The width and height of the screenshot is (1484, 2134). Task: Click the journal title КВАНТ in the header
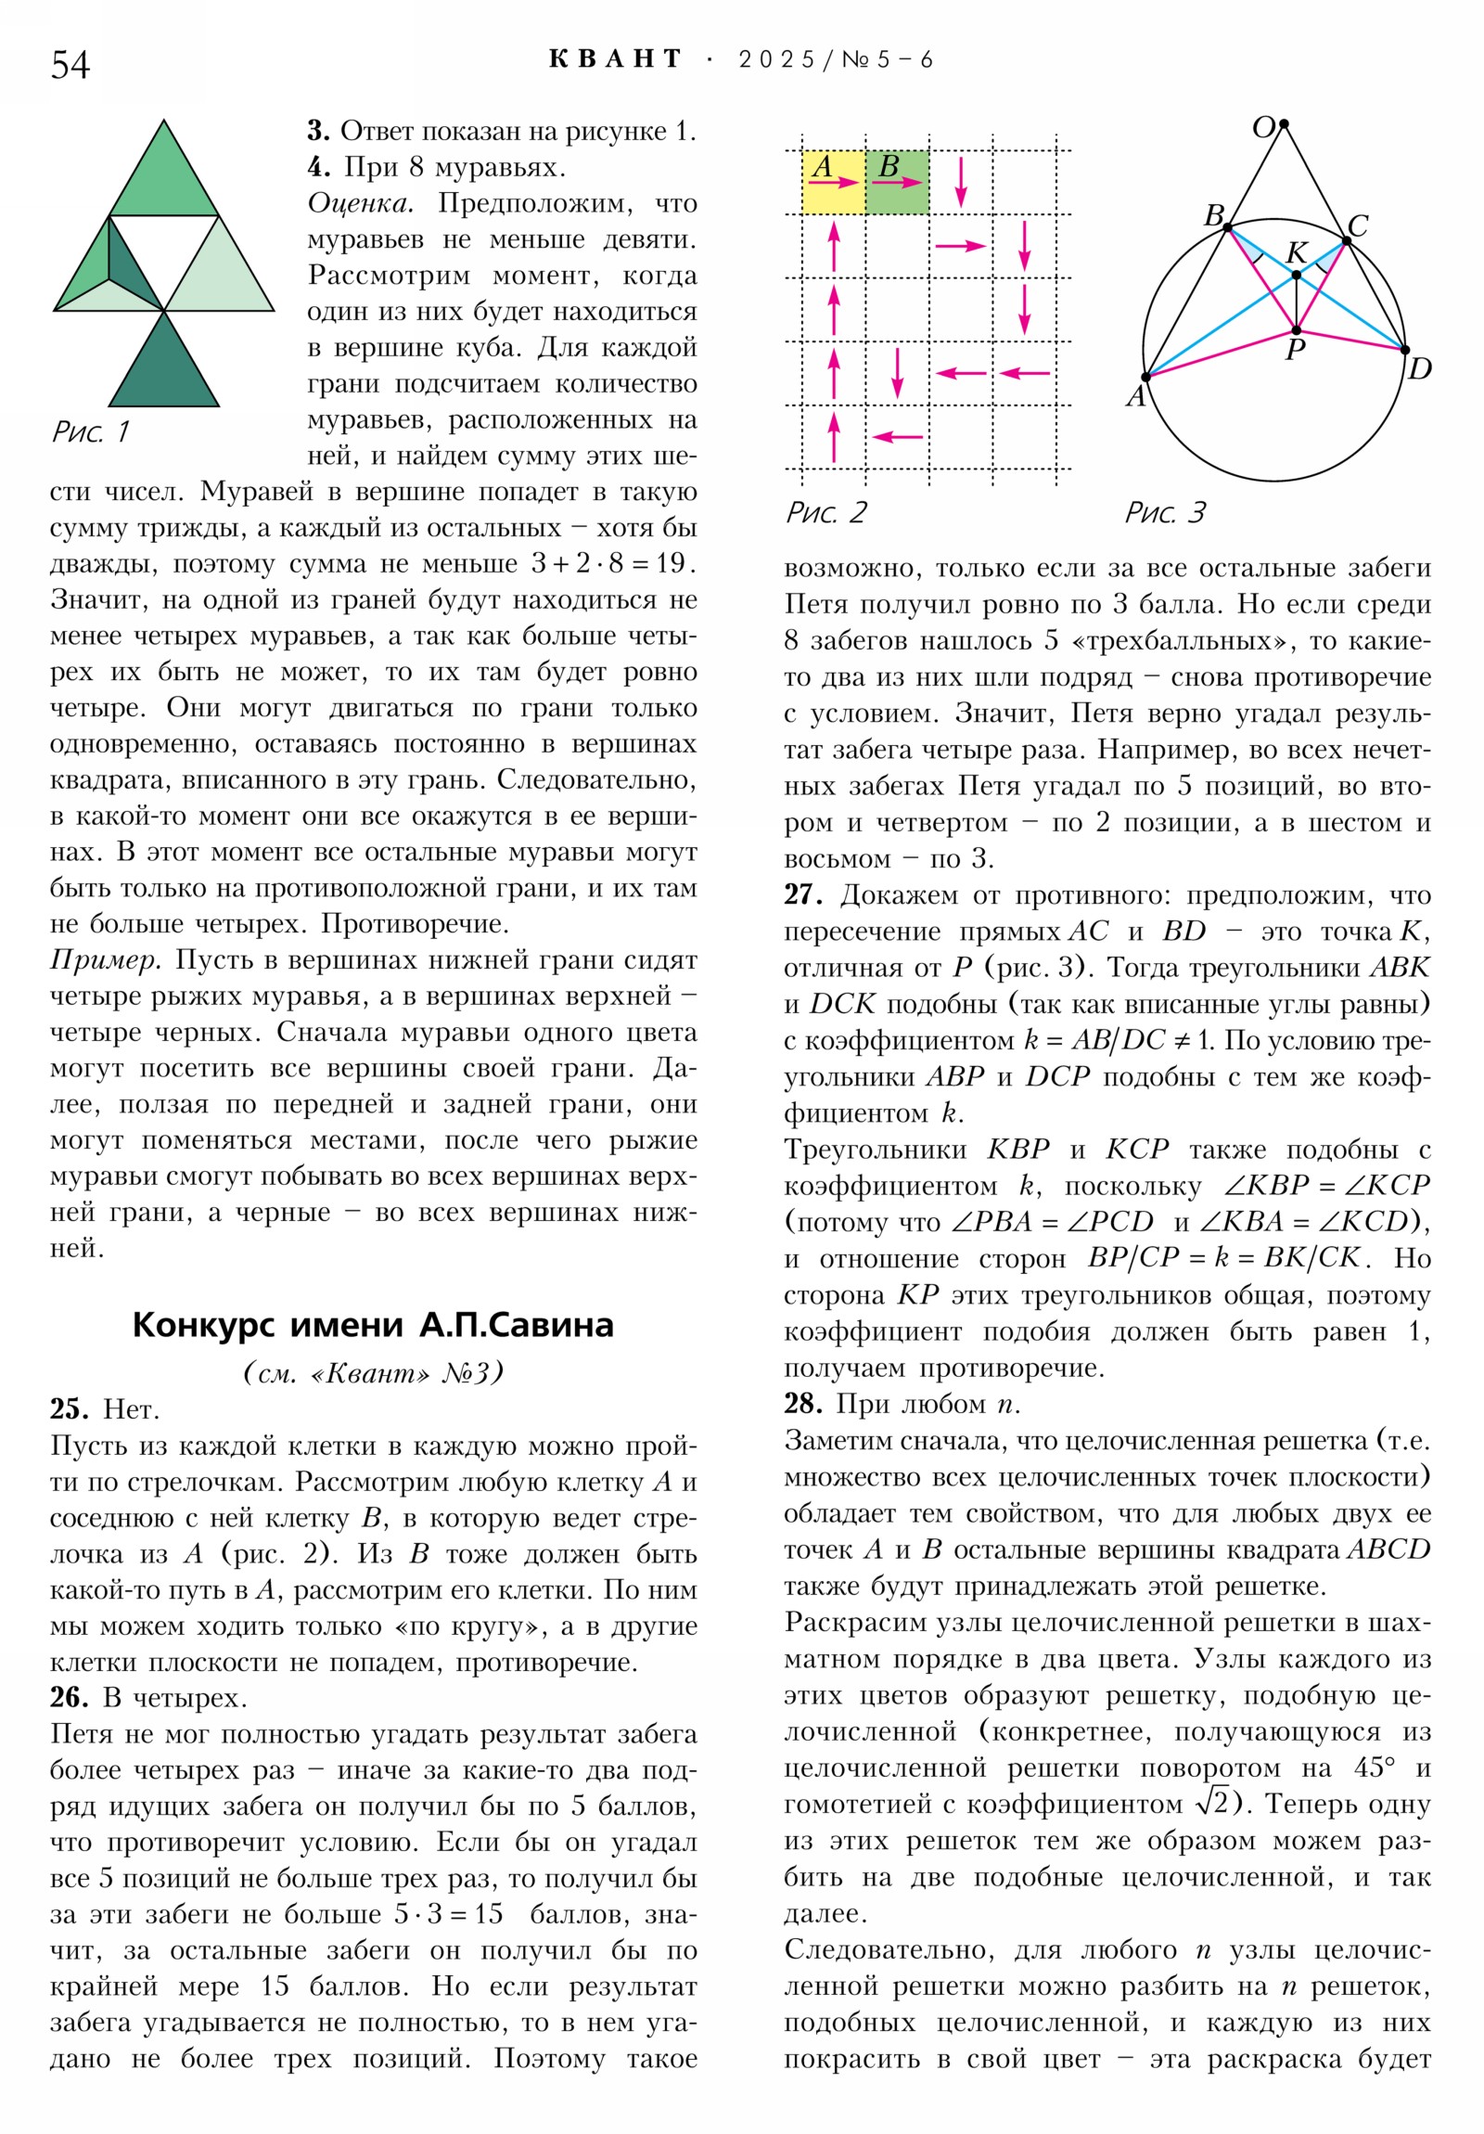[615, 59]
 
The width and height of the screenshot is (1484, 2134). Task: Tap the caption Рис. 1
[90, 431]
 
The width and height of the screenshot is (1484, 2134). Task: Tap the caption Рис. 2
[826, 512]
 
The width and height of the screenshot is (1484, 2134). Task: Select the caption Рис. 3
[1164, 512]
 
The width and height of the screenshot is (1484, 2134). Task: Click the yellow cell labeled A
[833, 182]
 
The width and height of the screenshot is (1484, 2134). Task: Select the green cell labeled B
[897, 182]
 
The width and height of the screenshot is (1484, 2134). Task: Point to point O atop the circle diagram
[1284, 123]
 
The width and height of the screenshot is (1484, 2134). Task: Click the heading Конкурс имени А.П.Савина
[373, 1324]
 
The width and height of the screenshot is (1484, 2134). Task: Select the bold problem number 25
[69, 1409]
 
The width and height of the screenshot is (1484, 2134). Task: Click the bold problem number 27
[803, 895]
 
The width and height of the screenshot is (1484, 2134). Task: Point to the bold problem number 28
[803, 1404]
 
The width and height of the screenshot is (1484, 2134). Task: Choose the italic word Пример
[106, 960]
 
